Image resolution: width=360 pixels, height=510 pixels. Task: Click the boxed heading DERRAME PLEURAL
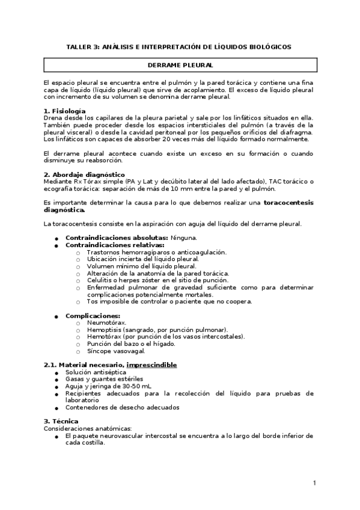[180, 63]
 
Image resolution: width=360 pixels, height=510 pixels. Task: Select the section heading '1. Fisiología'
[65, 111]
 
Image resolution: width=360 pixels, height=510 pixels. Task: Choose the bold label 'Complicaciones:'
[93, 315]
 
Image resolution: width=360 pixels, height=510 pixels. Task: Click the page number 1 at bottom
[314, 483]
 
